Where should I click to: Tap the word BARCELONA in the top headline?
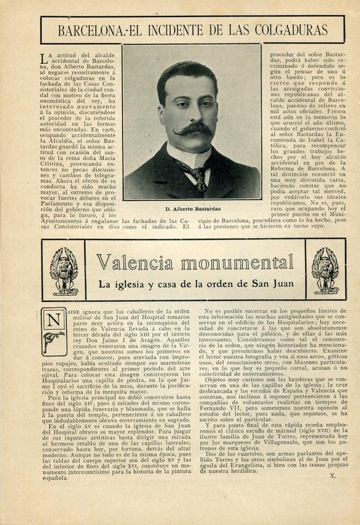point(90,30)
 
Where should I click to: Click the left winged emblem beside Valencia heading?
point(64,270)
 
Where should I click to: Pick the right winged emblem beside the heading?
point(325,270)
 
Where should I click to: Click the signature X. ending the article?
point(333,476)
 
